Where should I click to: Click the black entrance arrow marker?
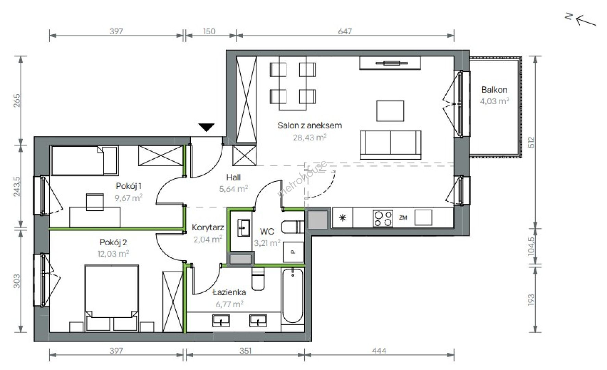click(x=207, y=127)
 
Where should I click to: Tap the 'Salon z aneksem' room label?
click(x=310, y=125)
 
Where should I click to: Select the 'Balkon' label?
click(x=494, y=90)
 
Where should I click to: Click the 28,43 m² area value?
click(x=310, y=137)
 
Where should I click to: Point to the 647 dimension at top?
click(x=345, y=31)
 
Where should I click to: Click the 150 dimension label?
click(x=209, y=31)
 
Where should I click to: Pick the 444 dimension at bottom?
click(x=379, y=350)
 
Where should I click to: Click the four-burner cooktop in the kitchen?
click(x=383, y=218)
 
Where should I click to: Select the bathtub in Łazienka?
click(x=293, y=296)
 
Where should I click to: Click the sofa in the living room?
click(x=391, y=145)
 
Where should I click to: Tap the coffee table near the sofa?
click(x=390, y=111)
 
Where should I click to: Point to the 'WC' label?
click(x=267, y=232)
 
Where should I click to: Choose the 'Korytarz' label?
click(x=208, y=227)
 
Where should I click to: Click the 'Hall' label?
click(x=233, y=177)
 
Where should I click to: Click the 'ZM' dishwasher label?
click(x=403, y=217)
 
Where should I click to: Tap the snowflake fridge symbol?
click(x=343, y=218)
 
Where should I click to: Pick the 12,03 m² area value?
click(x=113, y=254)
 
